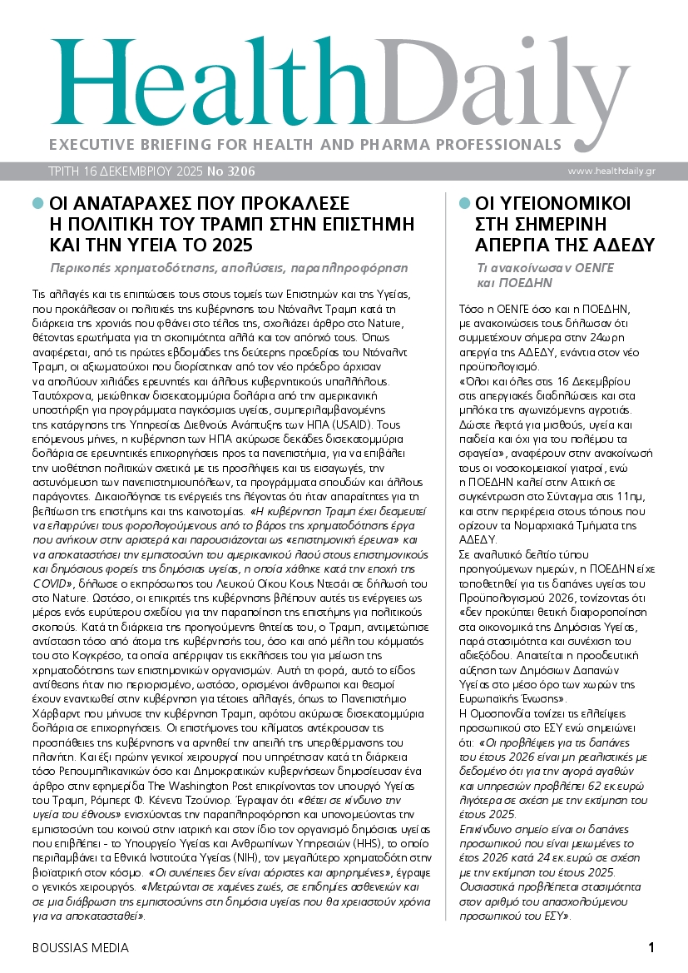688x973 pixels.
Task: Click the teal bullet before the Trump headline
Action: tap(37, 203)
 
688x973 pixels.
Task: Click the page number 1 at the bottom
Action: tap(652, 947)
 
